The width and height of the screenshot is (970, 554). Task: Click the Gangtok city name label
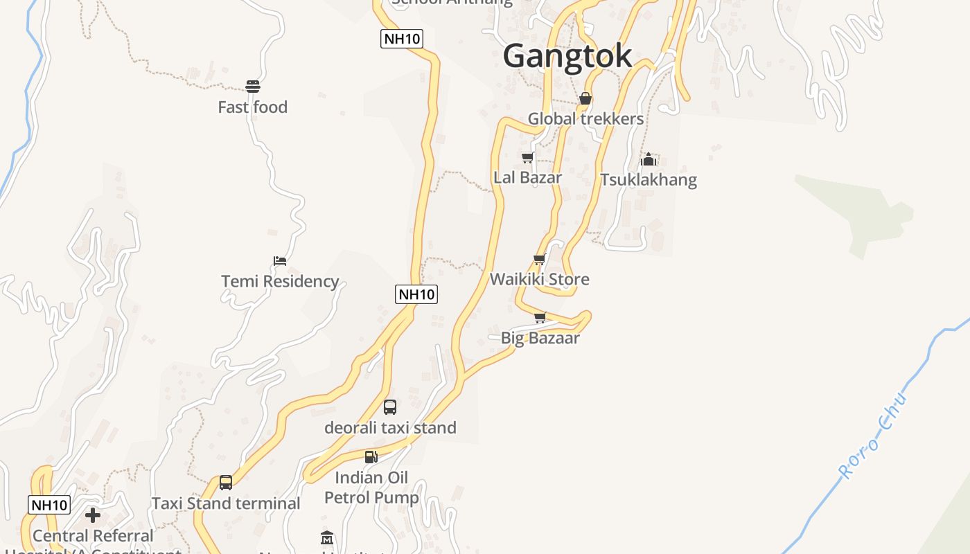pos(567,56)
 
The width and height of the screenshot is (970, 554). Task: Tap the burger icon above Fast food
pos(253,87)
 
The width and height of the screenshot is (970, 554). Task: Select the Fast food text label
pos(252,107)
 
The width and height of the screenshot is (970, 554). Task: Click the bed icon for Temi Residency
pos(280,261)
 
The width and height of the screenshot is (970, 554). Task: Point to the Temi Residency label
pos(280,282)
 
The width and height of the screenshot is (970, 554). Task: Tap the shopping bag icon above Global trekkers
pos(585,98)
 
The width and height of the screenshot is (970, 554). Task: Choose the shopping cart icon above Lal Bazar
pos(528,158)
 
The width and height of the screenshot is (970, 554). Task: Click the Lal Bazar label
pos(527,177)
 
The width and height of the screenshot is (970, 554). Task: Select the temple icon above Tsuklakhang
pos(649,159)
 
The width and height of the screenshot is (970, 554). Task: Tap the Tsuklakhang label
pos(649,180)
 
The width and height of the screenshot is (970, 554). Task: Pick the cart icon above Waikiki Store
pos(540,260)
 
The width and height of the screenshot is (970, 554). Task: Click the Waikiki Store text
pos(540,280)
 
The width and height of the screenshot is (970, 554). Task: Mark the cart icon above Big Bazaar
pos(540,318)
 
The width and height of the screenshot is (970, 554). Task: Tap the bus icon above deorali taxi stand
pos(390,407)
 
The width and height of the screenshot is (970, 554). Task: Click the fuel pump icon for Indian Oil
pos(371,457)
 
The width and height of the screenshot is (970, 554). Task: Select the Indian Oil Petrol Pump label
pos(371,488)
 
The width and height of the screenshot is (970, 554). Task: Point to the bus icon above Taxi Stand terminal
pos(226,483)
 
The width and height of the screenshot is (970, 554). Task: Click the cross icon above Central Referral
pos(93,515)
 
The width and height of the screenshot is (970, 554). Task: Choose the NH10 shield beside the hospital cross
pos(49,505)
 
